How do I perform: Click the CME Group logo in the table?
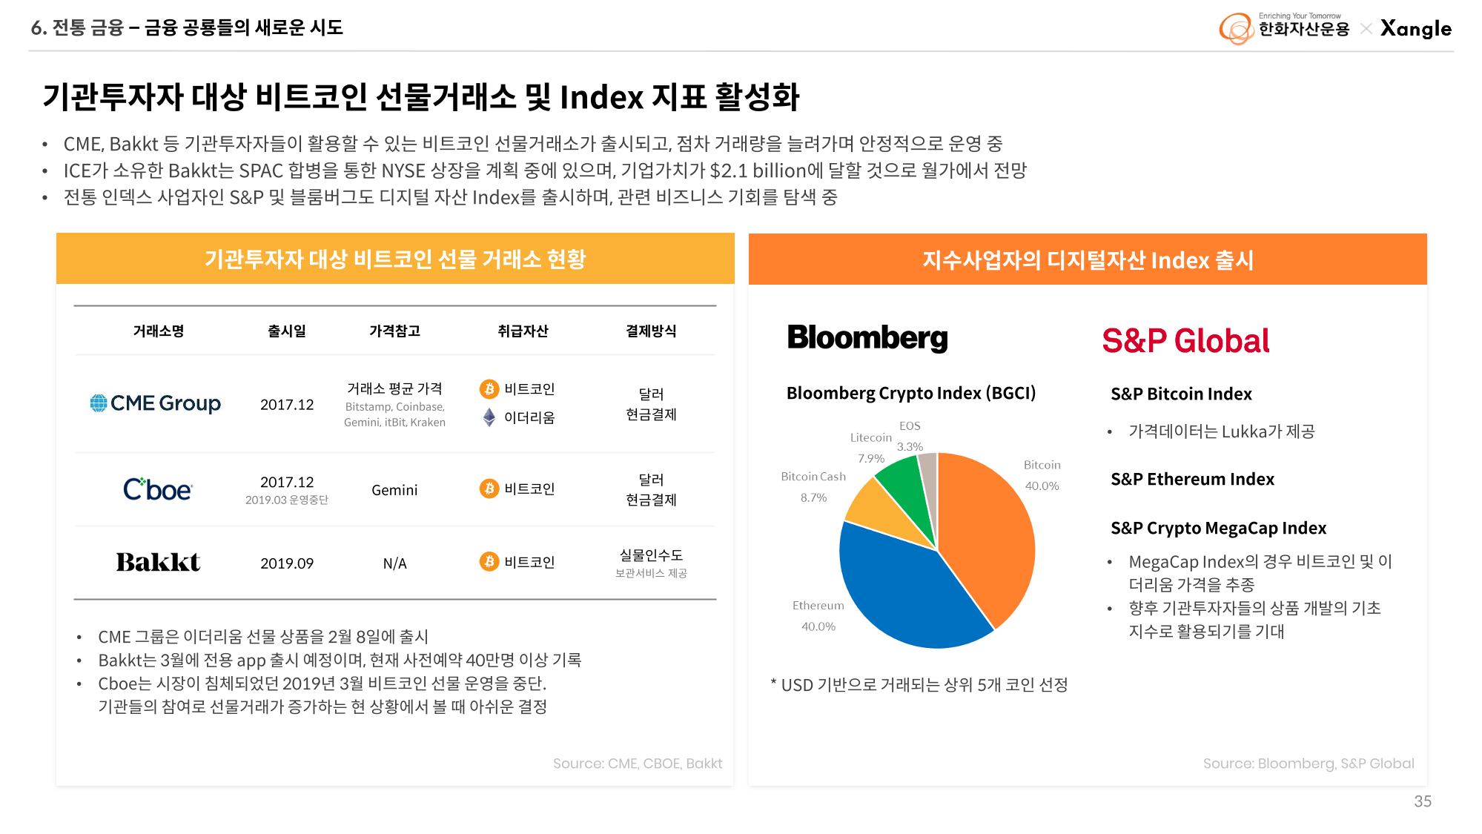tap(156, 403)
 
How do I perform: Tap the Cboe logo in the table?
tap(157, 489)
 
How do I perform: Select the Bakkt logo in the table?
tap(158, 563)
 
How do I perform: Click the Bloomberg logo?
tap(867, 338)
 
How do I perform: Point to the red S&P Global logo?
tap(1185, 341)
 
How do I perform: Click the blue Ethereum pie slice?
tap(904, 593)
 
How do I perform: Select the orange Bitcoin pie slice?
tap(986, 534)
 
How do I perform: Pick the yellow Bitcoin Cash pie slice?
tap(879, 512)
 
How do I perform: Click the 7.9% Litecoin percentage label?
tap(871, 459)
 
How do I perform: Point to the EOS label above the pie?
tap(910, 426)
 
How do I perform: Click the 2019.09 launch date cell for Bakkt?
tap(287, 563)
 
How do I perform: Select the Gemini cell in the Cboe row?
tap(394, 490)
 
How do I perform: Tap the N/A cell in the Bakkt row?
tap(394, 563)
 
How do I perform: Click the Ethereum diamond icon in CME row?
tap(489, 417)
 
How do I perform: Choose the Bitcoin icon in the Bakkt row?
tap(489, 562)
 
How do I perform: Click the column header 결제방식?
tap(651, 331)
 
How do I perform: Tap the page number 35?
tap(1423, 801)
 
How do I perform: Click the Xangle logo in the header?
tap(1416, 29)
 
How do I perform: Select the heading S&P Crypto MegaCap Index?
tap(1218, 529)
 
